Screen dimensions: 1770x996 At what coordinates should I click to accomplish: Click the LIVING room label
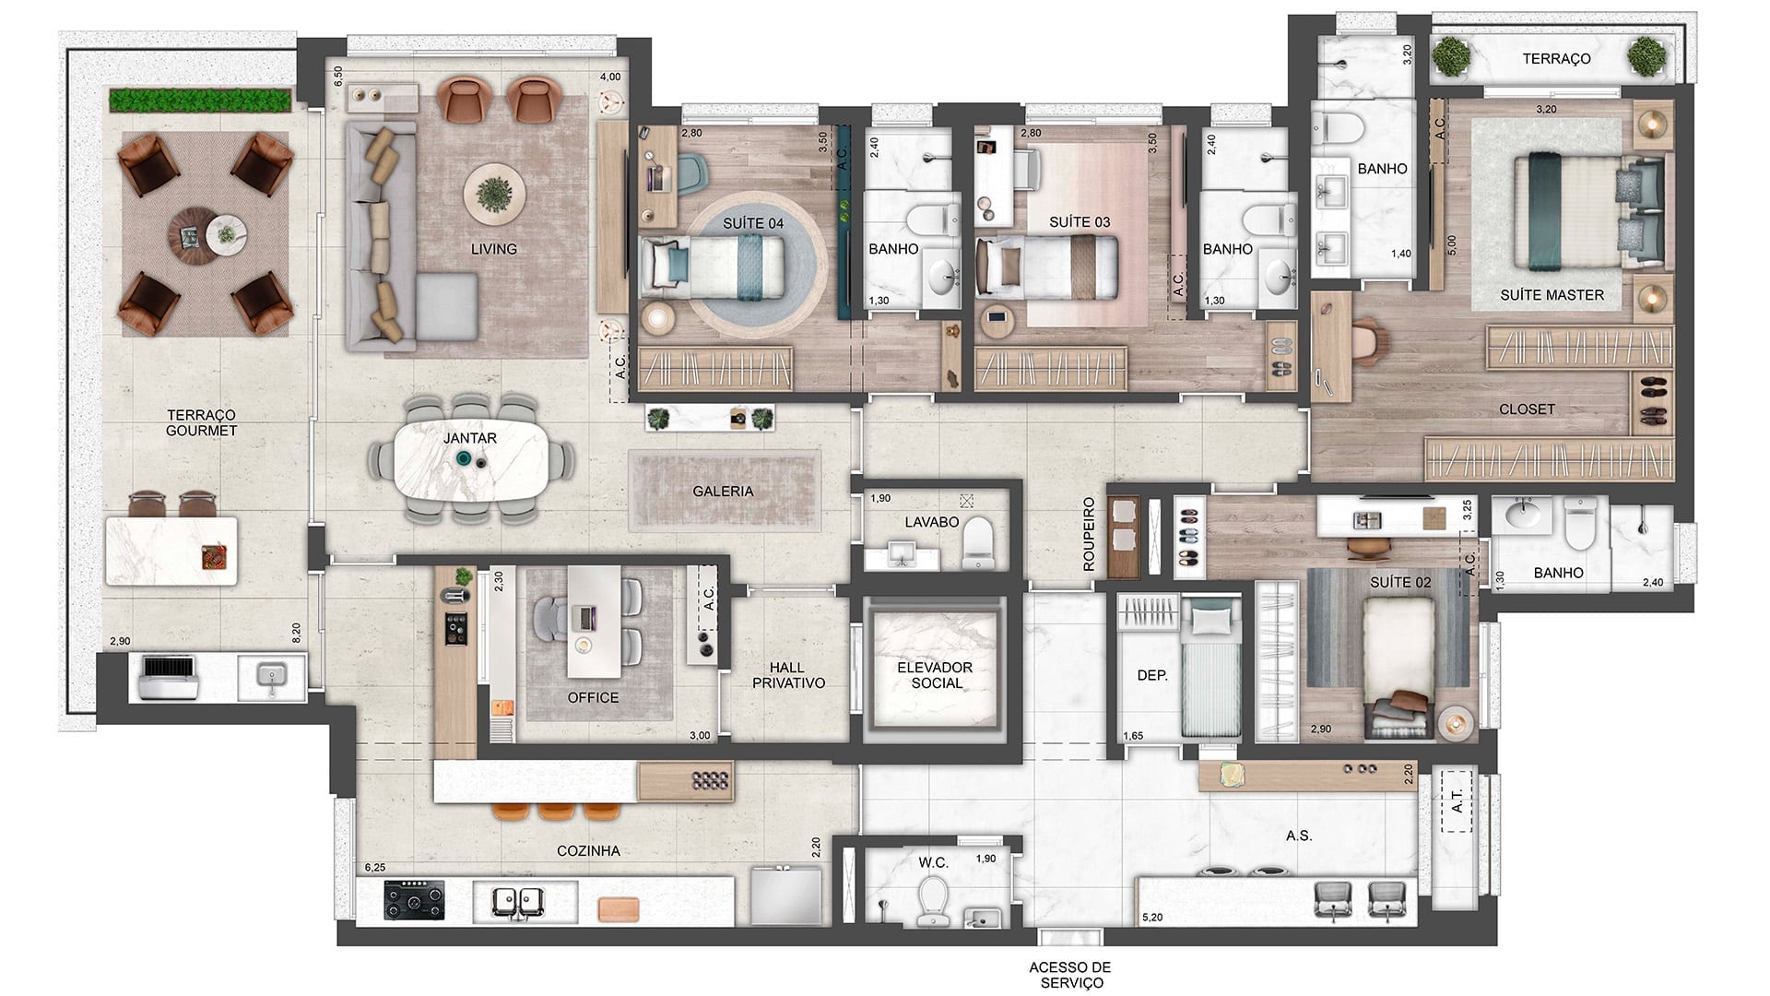click(x=493, y=249)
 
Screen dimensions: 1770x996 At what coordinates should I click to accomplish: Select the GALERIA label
click(x=723, y=492)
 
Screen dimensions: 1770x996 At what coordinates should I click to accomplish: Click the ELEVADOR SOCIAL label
click(x=936, y=675)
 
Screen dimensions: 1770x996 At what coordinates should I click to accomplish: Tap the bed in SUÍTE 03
click(x=1046, y=267)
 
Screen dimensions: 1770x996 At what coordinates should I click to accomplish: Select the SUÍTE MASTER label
click(x=1552, y=295)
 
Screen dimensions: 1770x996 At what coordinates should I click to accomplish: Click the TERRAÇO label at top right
click(x=1556, y=59)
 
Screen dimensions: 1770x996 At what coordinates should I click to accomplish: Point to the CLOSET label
click(x=1527, y=409)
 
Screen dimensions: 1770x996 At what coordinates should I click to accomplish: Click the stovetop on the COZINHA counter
click(x=414, y=900)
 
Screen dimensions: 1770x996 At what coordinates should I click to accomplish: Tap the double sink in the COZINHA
click(x=519, y=901)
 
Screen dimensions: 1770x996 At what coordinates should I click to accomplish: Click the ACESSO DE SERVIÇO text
click(x=1070, y=975)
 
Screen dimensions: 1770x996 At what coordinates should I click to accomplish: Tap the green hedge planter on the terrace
click(x=200, y=100)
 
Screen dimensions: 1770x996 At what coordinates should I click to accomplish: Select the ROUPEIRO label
click(x=1089, y=535)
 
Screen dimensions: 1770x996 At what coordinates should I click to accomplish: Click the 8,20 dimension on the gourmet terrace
click(x=296, y=633)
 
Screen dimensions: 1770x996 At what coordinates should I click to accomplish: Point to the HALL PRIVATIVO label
click(x=788, y=675)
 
